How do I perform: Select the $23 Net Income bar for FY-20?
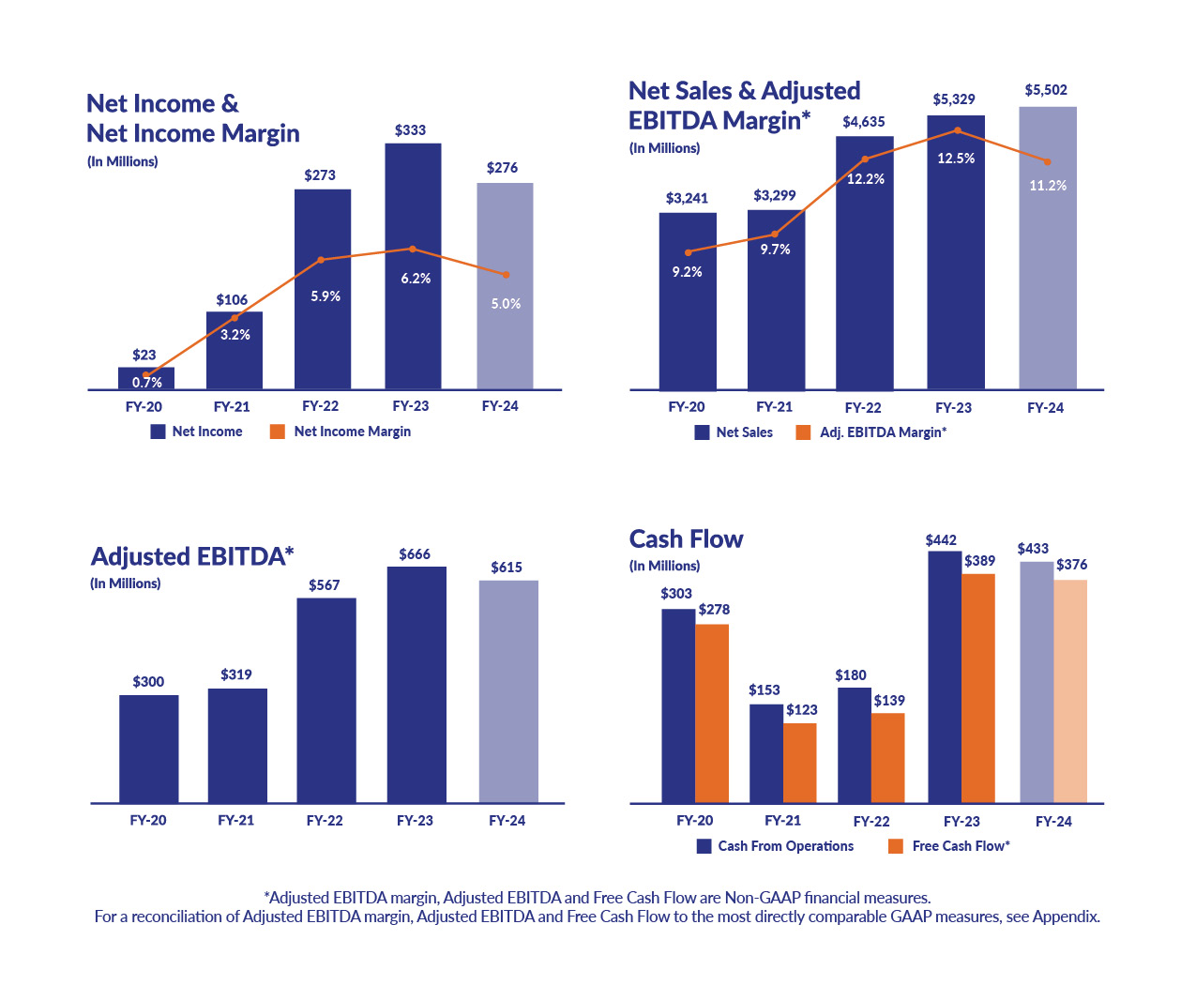[x=145, y=379]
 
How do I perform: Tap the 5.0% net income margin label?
[x=506, y=304]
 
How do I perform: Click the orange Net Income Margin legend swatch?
[x=277, y=432]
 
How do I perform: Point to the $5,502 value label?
[x=1046, y=90]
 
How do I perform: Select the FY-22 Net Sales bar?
[x=864, y=281]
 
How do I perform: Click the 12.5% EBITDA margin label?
[x=956, y=159]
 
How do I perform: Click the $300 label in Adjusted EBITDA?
[x=148, y=682]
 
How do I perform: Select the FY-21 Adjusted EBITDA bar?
[x=237, y=746]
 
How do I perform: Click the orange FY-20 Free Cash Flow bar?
[x=712, y=713]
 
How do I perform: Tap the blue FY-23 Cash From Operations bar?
[x=945, y=675]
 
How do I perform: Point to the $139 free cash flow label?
[x=889, y=701]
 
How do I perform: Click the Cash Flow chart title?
[x=686, y=539]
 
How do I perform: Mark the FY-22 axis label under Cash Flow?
[x=871, y=822]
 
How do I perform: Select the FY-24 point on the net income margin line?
[x=507, y=275]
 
